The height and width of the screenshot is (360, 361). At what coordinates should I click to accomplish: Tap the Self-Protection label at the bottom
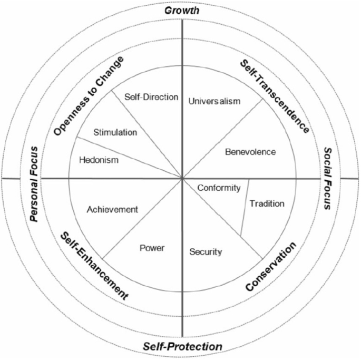pos(181,346)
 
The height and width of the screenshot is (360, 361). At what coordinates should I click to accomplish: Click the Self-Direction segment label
pos(152,97)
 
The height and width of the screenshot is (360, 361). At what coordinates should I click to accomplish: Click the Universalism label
pos(214,101)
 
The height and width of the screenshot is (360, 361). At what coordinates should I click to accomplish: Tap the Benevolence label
pos(250,152)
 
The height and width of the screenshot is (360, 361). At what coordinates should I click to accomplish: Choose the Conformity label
pos(219,188)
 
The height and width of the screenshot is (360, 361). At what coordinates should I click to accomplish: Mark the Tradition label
pos(267,203)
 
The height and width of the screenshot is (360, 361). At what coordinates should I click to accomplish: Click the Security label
pos(206,251)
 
